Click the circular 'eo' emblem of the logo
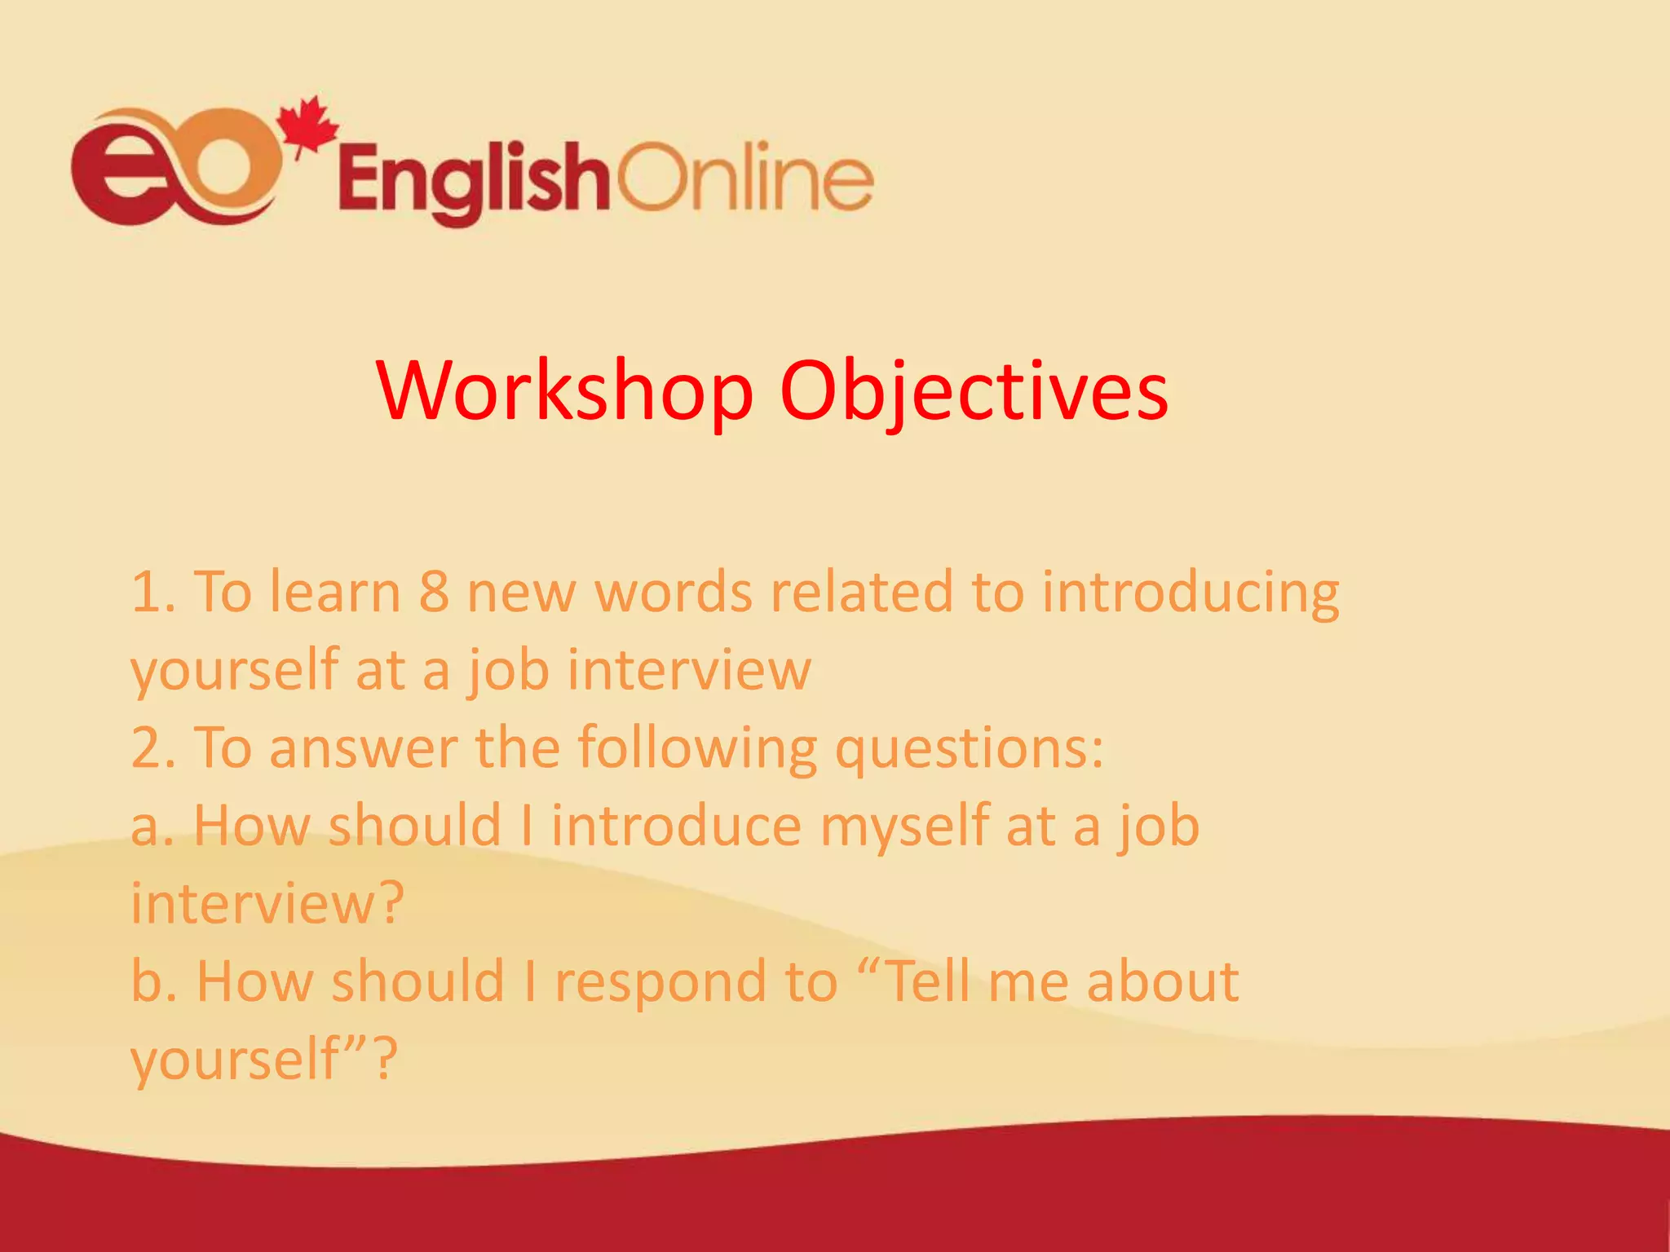(x=175, y=168)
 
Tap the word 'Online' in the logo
(x=744, y=177)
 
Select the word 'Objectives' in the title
(x=974, y=391)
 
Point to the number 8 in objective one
(x=433, y=593)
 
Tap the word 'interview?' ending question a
(x=267, y=905)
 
